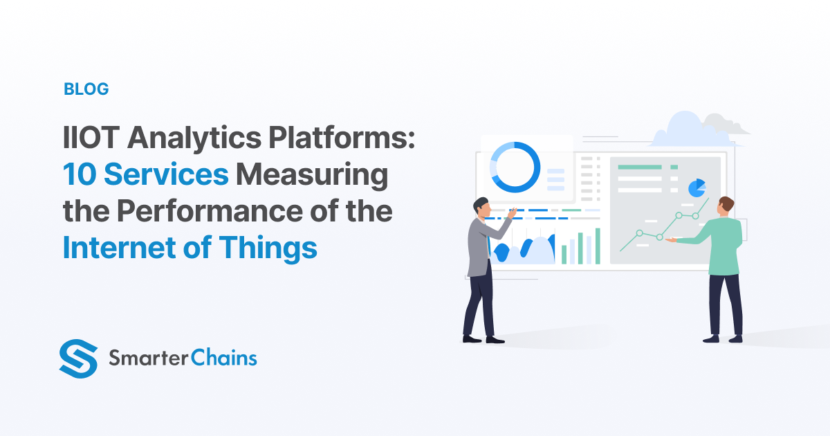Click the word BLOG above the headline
point(86,89)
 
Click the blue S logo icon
point(79,358)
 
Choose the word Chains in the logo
point(225,358)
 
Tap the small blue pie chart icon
point(697,188)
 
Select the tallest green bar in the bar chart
point(598,246)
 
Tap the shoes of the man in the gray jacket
point(483,339)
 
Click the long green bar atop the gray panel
point(640,167)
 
